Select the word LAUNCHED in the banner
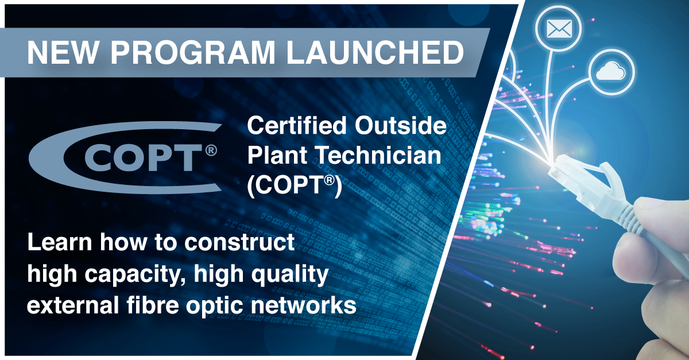pos(375,53)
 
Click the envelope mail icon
pos(559,29)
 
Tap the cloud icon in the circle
pos(610,72)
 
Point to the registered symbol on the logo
pos(211,150)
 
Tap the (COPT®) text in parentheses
pos(295,184)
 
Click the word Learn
pos(60,242)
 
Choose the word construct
pos(239,242)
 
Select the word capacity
pos(133,274)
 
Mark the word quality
pos(290,274)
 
